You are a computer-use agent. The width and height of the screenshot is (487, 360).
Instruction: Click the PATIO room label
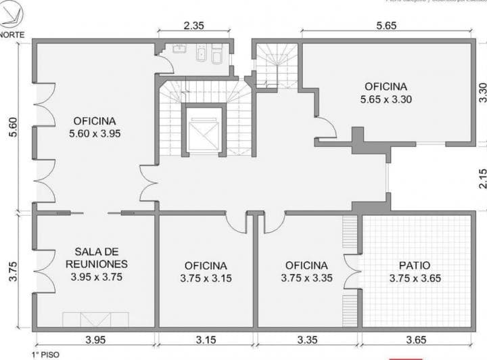pyautogui.click(x=415, y=265)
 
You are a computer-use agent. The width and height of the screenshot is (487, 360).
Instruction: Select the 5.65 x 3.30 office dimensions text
pyautogui.click(x=386, y=99)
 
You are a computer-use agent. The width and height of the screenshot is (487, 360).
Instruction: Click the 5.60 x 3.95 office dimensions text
pyautogui.click(x=95, y=133)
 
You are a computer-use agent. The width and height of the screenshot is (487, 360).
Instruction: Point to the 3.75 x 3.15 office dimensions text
pyautogui.click(x=206, y=278)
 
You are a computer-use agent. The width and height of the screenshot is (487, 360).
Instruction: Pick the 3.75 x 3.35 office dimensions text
pyautogui.click(x=306, y=278)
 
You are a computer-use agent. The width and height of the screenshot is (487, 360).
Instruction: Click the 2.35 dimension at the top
pyautogui.click(x=194, y=26)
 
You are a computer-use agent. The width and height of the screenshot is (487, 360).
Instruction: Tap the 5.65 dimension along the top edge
pyautogui.click(x=386, y=26)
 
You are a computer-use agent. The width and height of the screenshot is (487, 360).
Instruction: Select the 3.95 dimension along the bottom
pyautogui.click(x=95, y=340)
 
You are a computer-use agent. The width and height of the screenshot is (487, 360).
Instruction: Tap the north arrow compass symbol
pyautogui.click(x=11, y=15)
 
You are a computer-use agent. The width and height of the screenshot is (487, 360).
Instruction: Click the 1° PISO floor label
pyautogui.click(x=45, y=354)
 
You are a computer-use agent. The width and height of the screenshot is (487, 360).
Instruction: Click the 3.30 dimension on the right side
pyautogui.click(x=482, y=92)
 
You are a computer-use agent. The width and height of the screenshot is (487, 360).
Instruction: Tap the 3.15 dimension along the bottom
pyautogui.click(x=206, y=340)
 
